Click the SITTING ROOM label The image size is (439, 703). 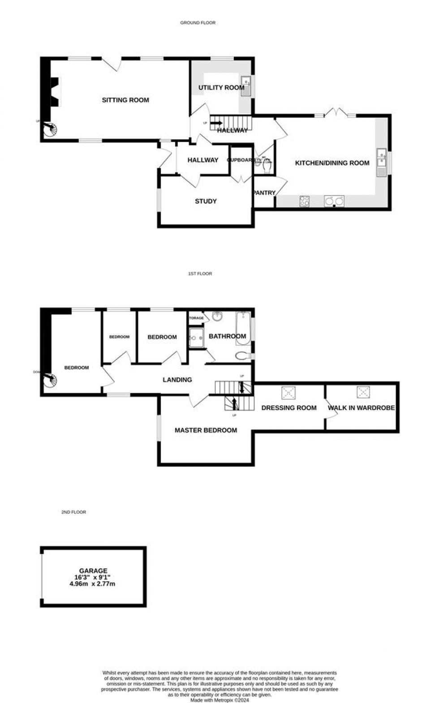point(125,100)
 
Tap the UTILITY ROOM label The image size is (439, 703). point(221,87)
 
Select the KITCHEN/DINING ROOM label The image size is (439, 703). point(332,163)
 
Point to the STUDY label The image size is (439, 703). point(206,201)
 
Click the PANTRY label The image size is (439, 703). point(264,193)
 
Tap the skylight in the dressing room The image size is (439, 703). point(288,394)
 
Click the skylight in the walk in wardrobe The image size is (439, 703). point(362,392)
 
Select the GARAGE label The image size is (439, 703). point(93,570)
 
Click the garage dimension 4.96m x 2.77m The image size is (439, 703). point(93,584)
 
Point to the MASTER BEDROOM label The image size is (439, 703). point(206,430)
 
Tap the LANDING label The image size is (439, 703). point(177,380)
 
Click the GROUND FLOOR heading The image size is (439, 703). point(198,22)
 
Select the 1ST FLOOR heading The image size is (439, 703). point(200,274)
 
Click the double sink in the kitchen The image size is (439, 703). point(381,157)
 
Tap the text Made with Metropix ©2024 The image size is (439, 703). point(219,699)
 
